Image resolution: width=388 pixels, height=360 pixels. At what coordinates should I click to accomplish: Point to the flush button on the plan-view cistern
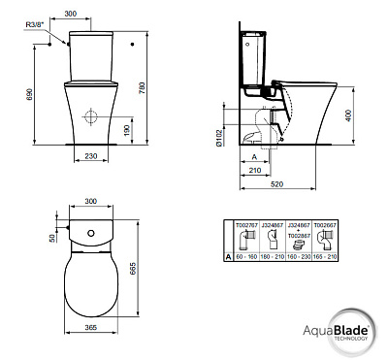(94, 236)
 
